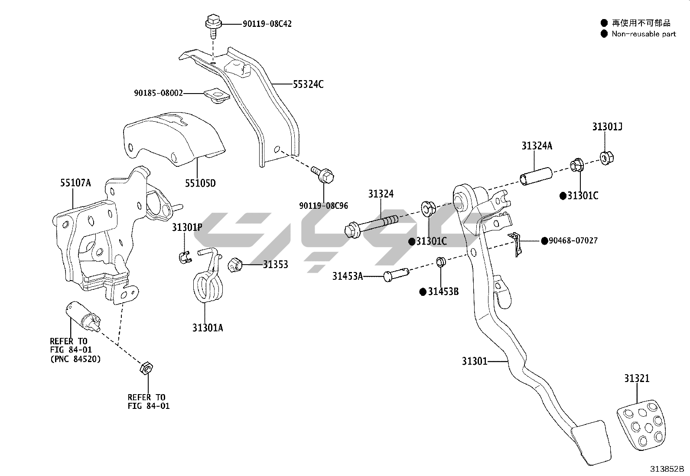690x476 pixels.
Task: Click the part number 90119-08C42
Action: point(267,24)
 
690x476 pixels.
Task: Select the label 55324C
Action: point(308,84)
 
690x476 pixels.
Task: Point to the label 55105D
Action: point(200,183)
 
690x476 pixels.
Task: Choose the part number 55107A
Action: point(75,183)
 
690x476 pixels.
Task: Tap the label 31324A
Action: point(537,146)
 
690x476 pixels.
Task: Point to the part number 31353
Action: point(275,264)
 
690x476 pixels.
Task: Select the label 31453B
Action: point(443,291)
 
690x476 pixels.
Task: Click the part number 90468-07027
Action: point(573,240)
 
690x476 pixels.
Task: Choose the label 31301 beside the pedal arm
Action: point(475,361)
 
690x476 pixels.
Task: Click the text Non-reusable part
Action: point(644,34)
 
